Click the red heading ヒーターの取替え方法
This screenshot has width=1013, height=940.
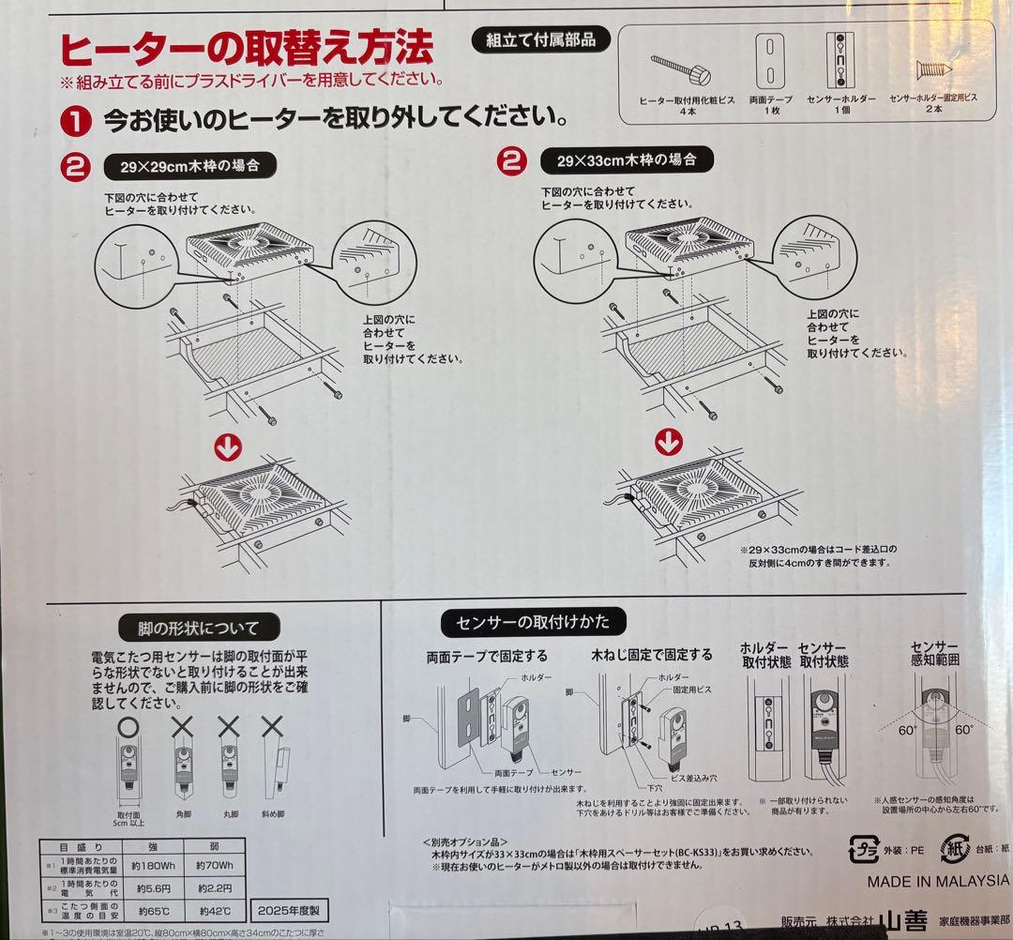[x=247, y=47]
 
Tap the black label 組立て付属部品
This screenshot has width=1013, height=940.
[x=540, y=39]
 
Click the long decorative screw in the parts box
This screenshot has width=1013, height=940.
[x=681, y=67]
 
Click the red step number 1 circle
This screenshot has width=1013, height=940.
[x=75, y=121]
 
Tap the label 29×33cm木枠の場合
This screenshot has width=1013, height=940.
[x=627, y=159]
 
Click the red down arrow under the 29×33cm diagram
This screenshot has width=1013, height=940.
[x=668, y=439]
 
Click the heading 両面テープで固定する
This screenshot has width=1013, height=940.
[x=487, y=656]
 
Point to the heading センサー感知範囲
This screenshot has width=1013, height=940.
[x=933, y=654]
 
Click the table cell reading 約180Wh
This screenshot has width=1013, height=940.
[x=150, y=865]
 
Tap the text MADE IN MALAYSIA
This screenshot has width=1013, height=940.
[x=937, y=881]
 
